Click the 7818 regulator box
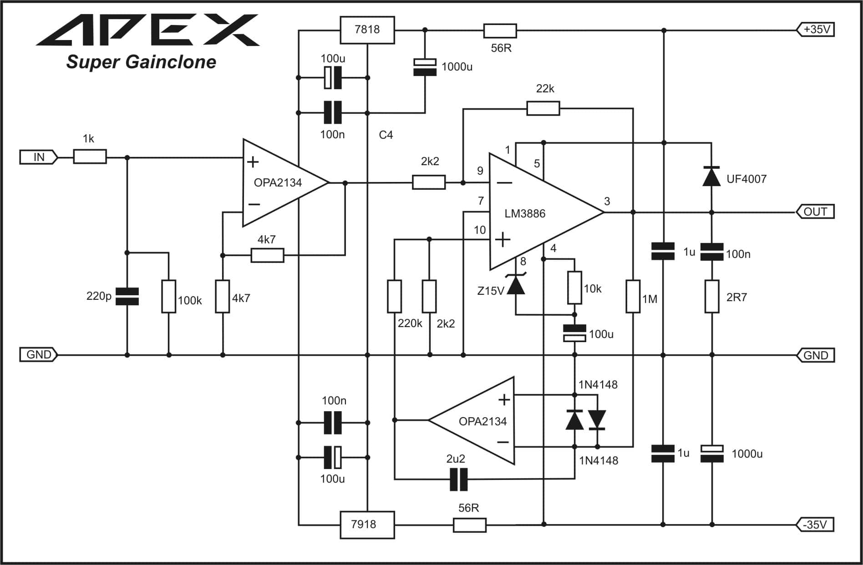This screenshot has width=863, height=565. click(367, 30)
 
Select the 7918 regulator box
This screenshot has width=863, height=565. click(367, 525)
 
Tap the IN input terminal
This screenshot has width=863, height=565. click(39, 157)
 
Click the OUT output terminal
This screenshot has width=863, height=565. click(815, 212)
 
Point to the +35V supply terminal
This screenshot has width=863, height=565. click(815, 30)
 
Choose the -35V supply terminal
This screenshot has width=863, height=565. click(815, 525)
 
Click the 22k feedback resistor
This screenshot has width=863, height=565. click(543, 108)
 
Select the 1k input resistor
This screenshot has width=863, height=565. click(90, 157)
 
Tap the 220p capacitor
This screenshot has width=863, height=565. click(127, 296)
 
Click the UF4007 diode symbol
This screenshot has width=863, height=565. click(711, 177)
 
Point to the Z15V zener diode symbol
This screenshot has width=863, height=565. click(516, 284)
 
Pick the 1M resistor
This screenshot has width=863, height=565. click(633, 297)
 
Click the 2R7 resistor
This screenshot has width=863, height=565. click(712, 297)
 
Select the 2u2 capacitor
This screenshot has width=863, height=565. click(458, 479)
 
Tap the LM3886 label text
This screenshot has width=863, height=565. click(525, 213)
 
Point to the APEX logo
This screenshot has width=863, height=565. click(147, 30)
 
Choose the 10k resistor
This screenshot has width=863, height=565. click(574, 288)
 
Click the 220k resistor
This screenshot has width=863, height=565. click(394, 296)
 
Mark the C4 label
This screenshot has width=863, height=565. click(386, 135)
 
